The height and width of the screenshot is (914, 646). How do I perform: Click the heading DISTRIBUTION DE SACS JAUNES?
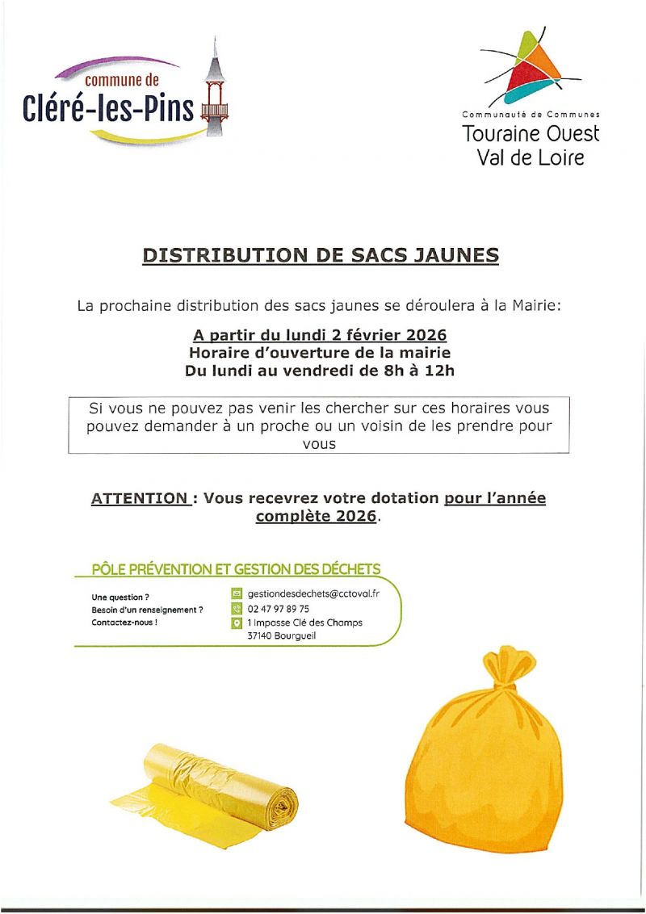(x=321, y=255)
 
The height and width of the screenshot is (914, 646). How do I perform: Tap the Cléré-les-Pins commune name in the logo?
(x=109, y=107)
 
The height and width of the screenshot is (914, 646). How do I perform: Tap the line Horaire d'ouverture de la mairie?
(x=320, y=353)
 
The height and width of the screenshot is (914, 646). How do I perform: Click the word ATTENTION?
(x=139, y=498)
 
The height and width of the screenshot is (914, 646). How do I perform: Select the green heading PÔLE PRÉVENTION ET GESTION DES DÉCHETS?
(x=236, y=569)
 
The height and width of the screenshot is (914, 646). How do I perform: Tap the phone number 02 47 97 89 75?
(x=279, y=609)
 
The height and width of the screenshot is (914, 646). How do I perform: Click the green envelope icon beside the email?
(x=237, y=593)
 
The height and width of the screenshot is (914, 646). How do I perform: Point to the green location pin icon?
(x=237, y=623)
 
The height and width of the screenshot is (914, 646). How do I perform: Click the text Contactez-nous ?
(x=124, y=623)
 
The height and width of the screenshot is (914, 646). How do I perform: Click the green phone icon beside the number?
(x=237, y=609)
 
